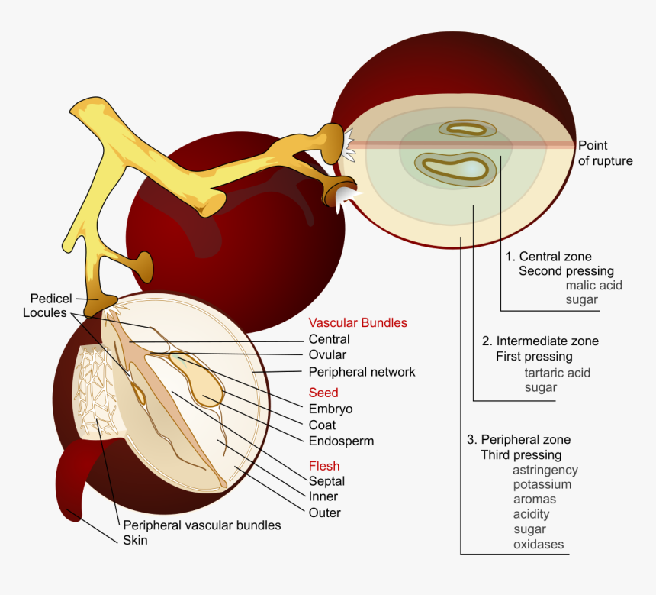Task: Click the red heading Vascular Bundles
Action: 357,323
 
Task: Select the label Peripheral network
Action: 362,372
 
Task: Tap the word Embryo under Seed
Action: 330,409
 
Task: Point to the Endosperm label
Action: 341,441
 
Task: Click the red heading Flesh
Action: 323,466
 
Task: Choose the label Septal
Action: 326,481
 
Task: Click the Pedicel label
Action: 50,298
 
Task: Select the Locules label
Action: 44,312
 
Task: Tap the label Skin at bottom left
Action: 135,540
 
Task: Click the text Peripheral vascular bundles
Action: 201,525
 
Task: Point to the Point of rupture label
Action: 604,153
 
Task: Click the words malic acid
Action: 593,285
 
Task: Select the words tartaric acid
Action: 557,373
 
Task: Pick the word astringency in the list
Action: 545,470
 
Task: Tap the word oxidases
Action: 538,544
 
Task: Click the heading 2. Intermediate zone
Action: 540,341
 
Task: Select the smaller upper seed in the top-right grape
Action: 465,129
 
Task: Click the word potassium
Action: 542,484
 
